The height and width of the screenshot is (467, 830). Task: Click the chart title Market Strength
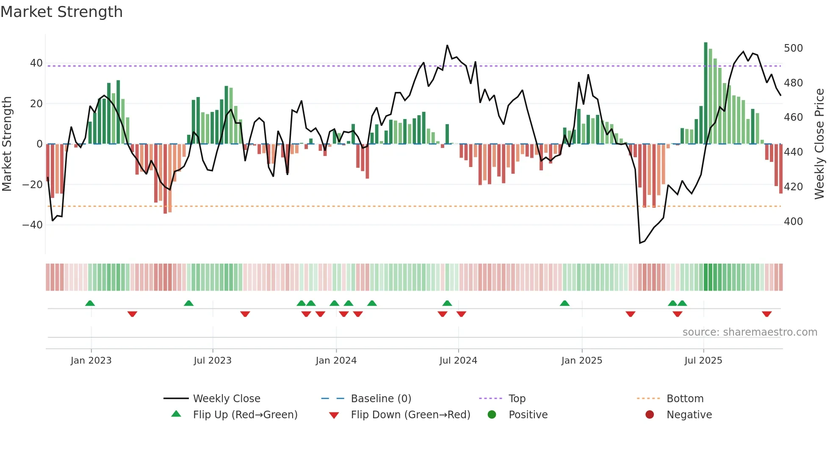coord(61,12)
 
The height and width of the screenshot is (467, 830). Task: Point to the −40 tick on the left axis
coord(32,225)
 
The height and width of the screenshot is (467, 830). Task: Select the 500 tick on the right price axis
coord(793,48)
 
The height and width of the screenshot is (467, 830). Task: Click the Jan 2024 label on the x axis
coord(336,361)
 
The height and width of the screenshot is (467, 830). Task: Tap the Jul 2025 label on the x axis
coord(703,361)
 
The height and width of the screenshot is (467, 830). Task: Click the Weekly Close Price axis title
coord(819,144)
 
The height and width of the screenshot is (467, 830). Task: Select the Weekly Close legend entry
coord(227,399)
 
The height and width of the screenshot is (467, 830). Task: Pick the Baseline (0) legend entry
coord(381,399)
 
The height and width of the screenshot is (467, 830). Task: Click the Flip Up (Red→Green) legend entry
coord(245,415)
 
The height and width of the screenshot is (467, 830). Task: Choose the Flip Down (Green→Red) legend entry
coord(410,415)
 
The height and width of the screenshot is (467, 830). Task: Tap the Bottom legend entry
coord(685,399)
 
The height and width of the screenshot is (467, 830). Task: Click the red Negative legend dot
coord(650,415)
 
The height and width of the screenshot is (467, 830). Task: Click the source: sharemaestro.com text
coord(750,332)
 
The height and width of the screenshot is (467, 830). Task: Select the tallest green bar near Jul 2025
coord(705,93)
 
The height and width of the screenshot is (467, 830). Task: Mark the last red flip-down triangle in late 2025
coord(766,314)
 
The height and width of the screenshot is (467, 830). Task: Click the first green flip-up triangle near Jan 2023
coord(90,303)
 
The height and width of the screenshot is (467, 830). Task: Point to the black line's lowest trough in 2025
coord(640,243)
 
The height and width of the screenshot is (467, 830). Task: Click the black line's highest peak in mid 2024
coord(447,45)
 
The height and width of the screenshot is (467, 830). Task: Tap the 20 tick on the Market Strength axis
coord(36,104)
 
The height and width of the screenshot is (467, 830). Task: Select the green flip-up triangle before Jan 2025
coord(564,303)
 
